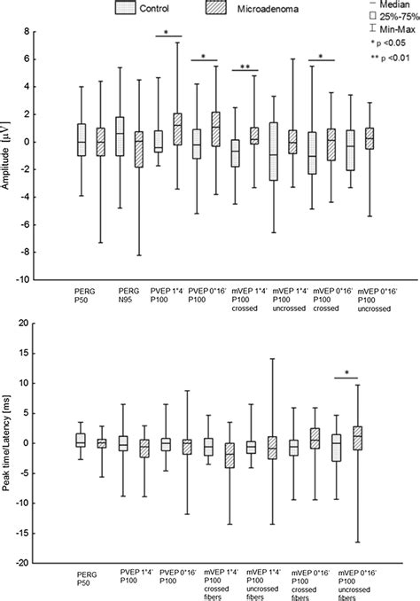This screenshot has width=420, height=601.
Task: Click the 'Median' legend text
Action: (x=391, y=5)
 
